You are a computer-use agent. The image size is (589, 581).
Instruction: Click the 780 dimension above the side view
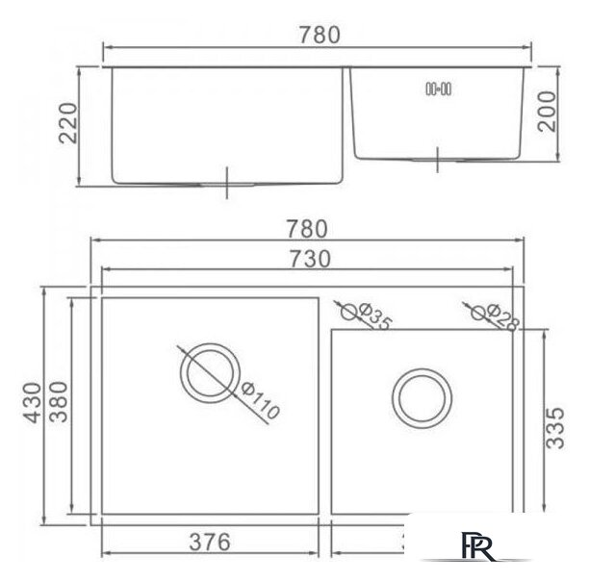[320, 35]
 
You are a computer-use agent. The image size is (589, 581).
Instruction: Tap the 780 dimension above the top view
[307, 229]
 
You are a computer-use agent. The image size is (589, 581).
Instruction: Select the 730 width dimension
[310, 259]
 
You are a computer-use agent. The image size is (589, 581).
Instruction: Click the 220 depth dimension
[68, 123]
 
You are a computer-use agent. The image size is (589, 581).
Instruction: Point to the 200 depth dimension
[547, 112]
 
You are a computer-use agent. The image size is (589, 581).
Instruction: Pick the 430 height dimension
[33, 403]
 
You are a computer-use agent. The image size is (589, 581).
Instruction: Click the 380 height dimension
[59, 402]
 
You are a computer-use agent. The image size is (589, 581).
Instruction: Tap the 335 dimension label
[554, 428]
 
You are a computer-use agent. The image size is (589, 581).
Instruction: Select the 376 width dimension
[210, 542]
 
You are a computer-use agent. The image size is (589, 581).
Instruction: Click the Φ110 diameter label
[260, 400]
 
